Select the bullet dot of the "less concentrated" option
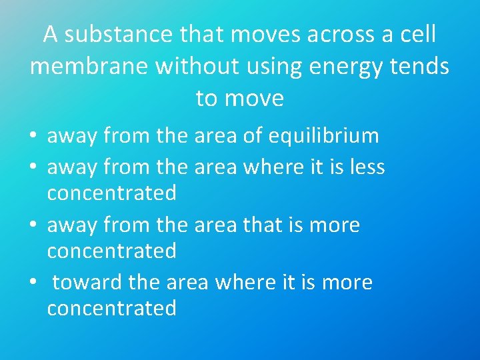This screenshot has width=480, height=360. click(x=33, y=168)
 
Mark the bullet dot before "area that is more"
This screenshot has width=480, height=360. click(x=33, y=226)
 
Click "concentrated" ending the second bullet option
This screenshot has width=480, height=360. click(x=111, y=193)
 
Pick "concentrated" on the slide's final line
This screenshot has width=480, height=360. click(x=111, y=309)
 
